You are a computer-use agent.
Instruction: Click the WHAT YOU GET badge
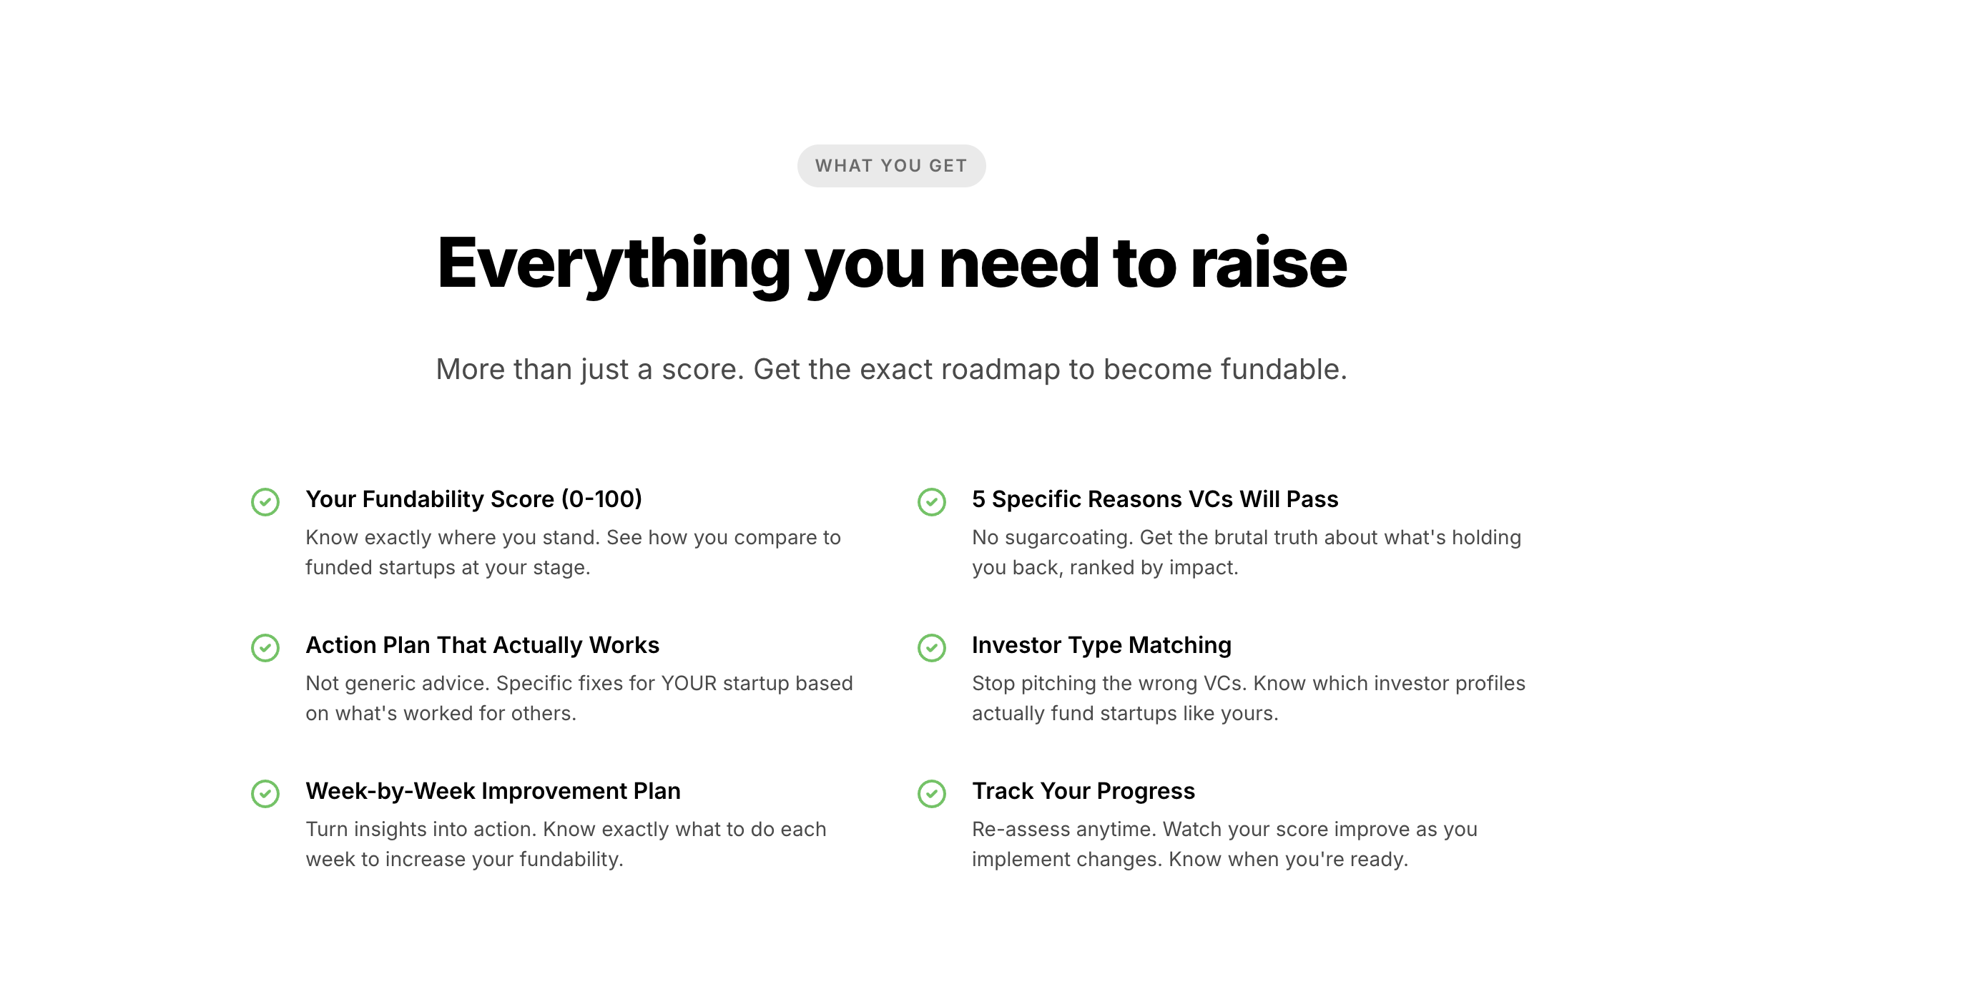[x=891, y=166]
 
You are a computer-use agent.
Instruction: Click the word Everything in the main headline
[x=614, y=265]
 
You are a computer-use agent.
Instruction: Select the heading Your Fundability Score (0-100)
[x=473, y=499]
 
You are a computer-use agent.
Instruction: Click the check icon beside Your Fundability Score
[x=265, y=501]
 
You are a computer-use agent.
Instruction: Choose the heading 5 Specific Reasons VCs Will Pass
[x=1155, y=499]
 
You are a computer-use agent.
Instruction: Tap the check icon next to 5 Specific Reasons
[x=932, y=501]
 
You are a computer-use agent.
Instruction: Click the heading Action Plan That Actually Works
[x=483, y=645]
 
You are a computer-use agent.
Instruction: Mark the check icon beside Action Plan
[x=265, y=648]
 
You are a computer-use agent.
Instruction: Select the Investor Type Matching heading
[x=1101, y=645]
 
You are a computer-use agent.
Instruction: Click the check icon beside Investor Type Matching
[x=932, y=648]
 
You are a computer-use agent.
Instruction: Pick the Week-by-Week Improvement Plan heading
[x=493, y=792]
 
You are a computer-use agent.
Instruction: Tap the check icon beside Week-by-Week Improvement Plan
[x=265, y=794]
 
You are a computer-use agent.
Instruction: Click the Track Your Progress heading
[x=1083, y=792]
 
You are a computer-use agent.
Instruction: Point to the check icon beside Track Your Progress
[x=932, y=794]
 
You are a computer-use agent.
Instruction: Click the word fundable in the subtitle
[x=1284, y=369]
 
